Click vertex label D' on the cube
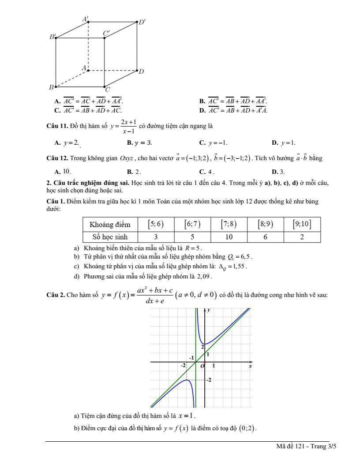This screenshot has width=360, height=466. (x=142, y=22)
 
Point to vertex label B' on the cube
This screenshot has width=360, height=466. (x=52, y=37)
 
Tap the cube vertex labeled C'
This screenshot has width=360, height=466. (x=105, y=38)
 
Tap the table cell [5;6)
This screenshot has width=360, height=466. (x=155, y=224)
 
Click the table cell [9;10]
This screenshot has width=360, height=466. (x=302, y=224)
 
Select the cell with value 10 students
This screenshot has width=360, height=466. (x=229, y=237)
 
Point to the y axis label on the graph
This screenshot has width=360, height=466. (x=209, y=310)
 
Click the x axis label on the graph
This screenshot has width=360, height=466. (x=250, y=366)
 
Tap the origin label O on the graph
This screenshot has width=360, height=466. (x=202, y=366)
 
